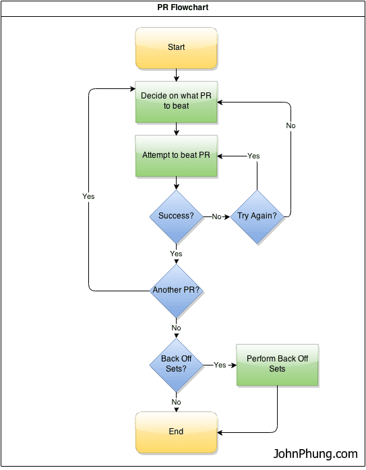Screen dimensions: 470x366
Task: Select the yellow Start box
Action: [176, 48]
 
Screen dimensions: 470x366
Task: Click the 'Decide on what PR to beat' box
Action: [176, 101]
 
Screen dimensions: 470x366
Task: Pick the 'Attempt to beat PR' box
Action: [176, 156]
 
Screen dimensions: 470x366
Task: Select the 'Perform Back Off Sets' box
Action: [277, 364]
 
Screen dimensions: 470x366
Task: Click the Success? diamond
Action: [176, 216]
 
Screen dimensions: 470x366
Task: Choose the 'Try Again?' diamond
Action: [257, 216]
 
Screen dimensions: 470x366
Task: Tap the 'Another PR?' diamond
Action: [176, 291]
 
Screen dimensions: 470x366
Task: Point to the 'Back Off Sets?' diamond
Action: [176, 364]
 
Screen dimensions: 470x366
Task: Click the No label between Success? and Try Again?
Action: [216, 217]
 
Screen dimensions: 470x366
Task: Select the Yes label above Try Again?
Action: [253, 156]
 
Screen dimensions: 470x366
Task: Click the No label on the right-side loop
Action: [291, 126]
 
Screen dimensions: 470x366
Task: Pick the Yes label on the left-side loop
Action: [88, 197]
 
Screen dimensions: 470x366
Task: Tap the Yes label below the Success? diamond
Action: [176, 254]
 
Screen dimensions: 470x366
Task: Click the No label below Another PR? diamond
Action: [176, 328]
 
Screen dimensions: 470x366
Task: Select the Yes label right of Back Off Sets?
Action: [220, 365]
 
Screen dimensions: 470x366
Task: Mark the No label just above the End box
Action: [176, 403]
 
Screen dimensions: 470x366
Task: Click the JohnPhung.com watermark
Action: [315, 454]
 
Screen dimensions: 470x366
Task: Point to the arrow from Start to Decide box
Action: [176, 75]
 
